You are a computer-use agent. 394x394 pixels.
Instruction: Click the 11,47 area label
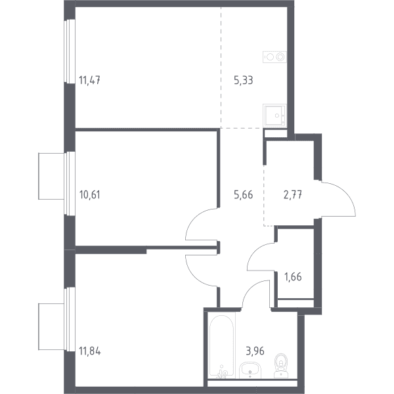click(x=90, y=80)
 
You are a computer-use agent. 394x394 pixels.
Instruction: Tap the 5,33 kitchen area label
click(x=243, y=80)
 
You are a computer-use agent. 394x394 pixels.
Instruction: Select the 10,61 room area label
click(x=90, y=195)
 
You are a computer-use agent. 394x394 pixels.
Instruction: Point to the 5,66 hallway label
click(x=243, y=195)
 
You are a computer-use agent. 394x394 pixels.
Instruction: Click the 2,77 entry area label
click(x=293, y=195)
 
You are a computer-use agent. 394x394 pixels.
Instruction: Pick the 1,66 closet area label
click(x=293, y=277)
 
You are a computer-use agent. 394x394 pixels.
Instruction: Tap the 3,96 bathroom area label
click(x=255, y=351)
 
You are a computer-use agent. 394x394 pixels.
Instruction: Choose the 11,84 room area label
click(x=90, y=351)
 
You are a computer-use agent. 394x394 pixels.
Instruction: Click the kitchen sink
click(x=275, y=116)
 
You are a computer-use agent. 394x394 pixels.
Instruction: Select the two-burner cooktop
click(x=274, y=57)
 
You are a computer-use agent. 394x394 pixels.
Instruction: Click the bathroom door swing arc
click(x=249, y=288)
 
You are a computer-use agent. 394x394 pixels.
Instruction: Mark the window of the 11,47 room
click(x=70, y=51)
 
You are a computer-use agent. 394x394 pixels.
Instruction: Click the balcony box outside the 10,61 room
click(x=51, y=176)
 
